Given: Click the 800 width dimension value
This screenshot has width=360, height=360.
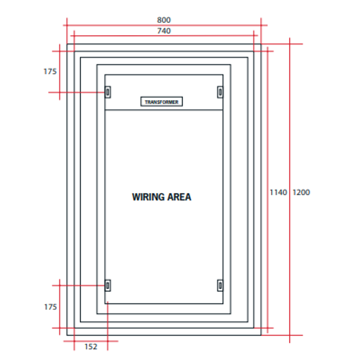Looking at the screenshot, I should [x=164, y=20].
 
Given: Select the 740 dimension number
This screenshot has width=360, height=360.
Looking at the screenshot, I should [x=164, y=31].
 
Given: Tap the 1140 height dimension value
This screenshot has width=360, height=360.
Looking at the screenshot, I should [x=278, y=192].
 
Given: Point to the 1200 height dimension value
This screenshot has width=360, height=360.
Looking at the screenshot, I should [x=301, y=192].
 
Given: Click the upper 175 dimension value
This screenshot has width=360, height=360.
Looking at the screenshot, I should [x=50, y=71].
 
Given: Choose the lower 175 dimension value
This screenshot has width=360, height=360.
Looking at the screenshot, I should [x=50, y=307].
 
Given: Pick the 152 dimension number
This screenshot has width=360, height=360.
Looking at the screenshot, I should [x=91, y=347].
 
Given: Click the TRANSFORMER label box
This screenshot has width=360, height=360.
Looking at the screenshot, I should [x=162, y=102].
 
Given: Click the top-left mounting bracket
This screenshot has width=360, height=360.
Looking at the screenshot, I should [x=108, y=92].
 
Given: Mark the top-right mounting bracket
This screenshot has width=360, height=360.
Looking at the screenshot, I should [x=220, y=92].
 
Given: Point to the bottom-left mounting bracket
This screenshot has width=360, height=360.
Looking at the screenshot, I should [x=108, y=285].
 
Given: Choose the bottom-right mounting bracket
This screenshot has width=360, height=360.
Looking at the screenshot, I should [x=220, y=285].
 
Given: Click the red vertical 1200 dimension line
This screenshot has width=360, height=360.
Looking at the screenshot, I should [x=290, y=133].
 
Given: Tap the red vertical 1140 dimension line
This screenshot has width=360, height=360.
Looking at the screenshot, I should [x=268, y=133].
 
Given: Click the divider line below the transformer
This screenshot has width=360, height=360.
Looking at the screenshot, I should [x=164, y=110].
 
